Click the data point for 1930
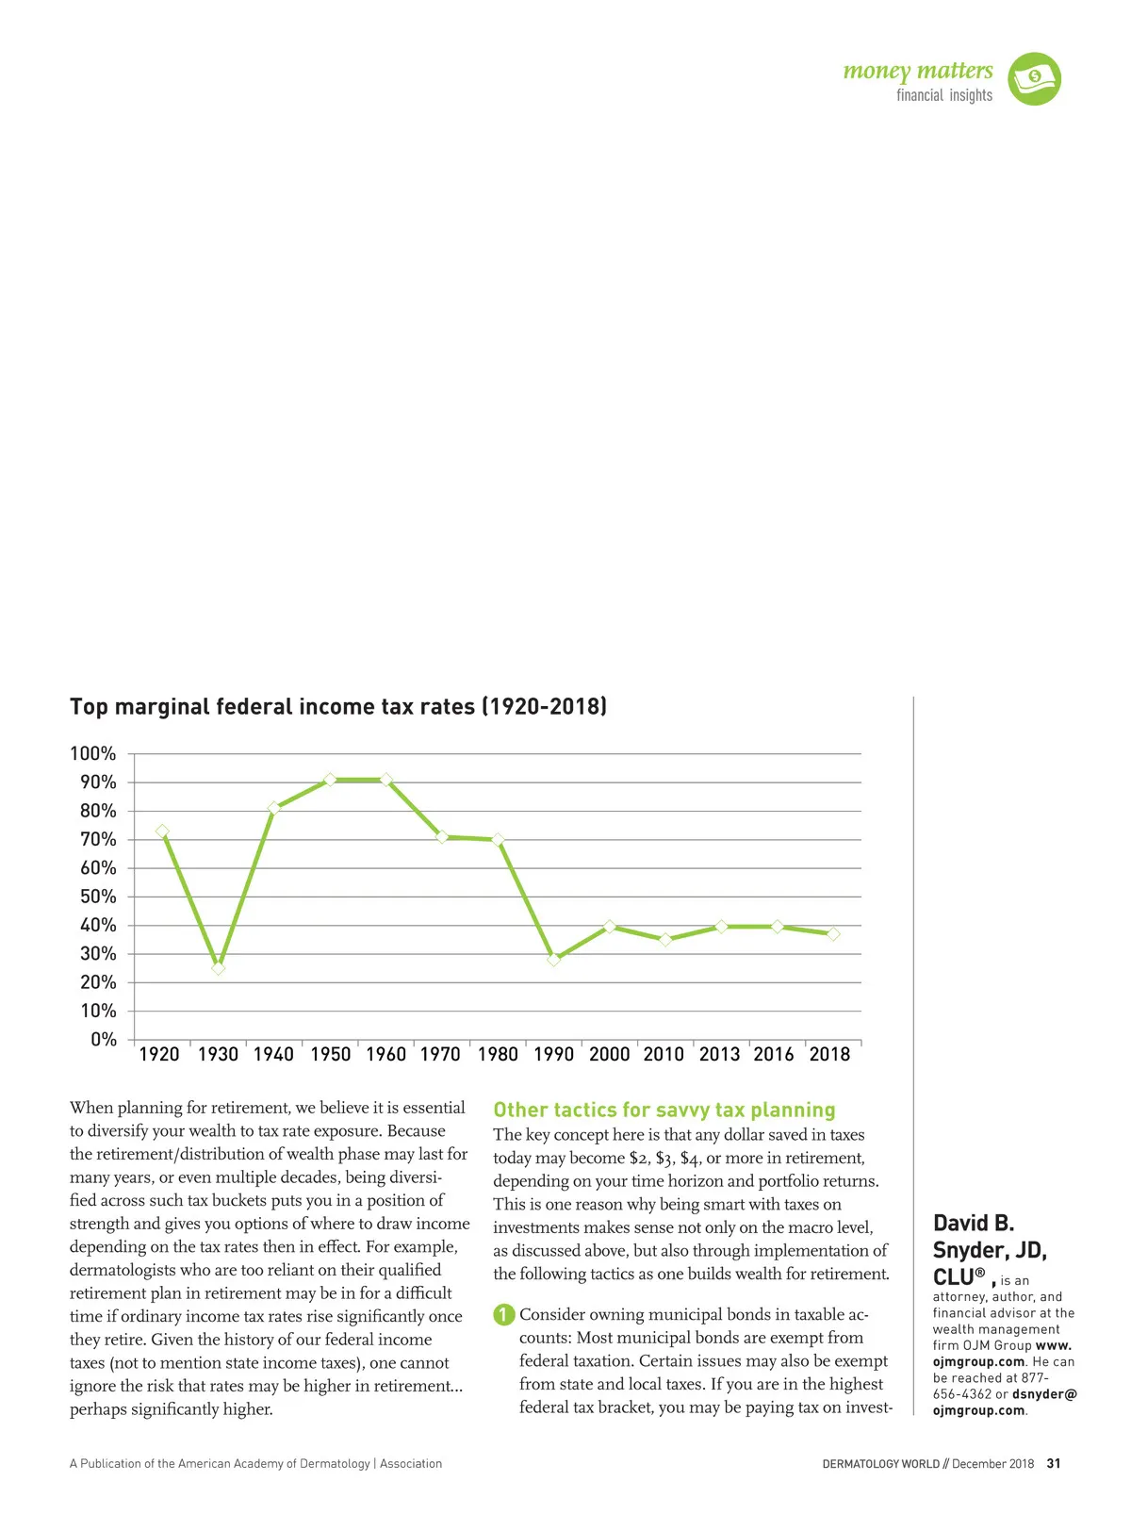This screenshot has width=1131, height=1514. click(x=219, y=968)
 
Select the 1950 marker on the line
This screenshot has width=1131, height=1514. click(x=330, y=780)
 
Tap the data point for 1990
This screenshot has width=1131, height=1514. click(x=554, y=959)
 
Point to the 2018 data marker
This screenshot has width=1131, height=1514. click(x=833, y=934)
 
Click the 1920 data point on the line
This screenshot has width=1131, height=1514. click(x=162, y=831)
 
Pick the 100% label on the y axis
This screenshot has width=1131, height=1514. click(x=93, y=754)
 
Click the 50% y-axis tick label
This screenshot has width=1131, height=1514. click(x=98, y=897)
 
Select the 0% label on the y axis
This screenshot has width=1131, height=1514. click(x=104, y=1040)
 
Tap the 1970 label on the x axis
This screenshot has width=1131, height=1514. click(x=440, y=1055)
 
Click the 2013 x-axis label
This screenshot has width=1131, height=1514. click(x=719, y=1055)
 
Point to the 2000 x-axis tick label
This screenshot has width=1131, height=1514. click(x=609, y=1055)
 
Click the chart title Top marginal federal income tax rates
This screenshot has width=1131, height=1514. click(x=338, y=707)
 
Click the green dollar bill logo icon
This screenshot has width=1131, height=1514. click(x=1034, y=79)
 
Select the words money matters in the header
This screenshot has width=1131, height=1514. click(x=917, y=72)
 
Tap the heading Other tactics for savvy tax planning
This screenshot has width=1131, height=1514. click(x=664, y=1110)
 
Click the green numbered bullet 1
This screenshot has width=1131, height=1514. click(x=504, y=1314)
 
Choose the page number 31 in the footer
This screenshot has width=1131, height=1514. click(x=1054, y=1464)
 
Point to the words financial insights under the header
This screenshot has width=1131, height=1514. click(x=943, y=95)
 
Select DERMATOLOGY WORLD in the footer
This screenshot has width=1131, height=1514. click(x=880, y=1464)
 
